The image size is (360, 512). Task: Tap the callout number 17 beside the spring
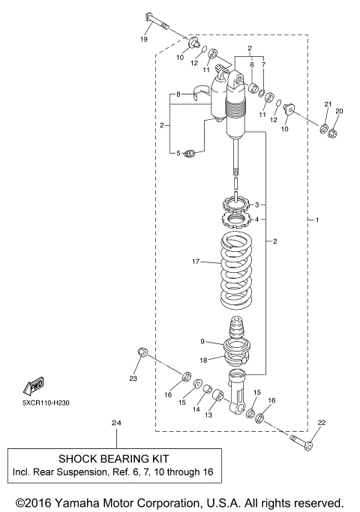click(x=195, y=262)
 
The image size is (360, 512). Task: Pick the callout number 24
click(x=115, y=423)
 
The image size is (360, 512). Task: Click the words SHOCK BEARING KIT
click(x=114, y=458)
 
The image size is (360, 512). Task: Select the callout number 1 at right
click(x=316, y=220)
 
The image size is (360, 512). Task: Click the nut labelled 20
click(x=336, y=133)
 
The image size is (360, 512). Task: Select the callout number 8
click(x=178, y=95)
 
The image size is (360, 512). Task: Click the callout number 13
click(x=209, y=415)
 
